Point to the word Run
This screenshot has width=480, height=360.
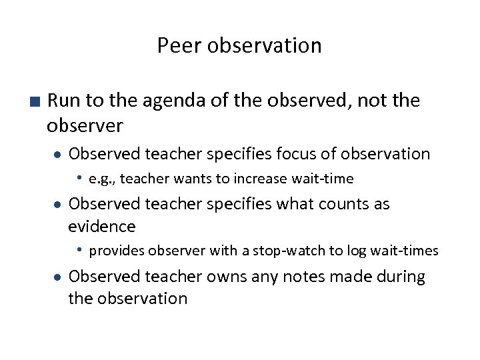(64, 101)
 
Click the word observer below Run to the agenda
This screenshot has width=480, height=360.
(85, 125)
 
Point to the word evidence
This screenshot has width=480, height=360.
(102, 227)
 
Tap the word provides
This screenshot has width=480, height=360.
(117, 251)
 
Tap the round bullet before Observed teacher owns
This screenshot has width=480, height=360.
(58, 277)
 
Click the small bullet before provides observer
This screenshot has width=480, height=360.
(79, 250)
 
